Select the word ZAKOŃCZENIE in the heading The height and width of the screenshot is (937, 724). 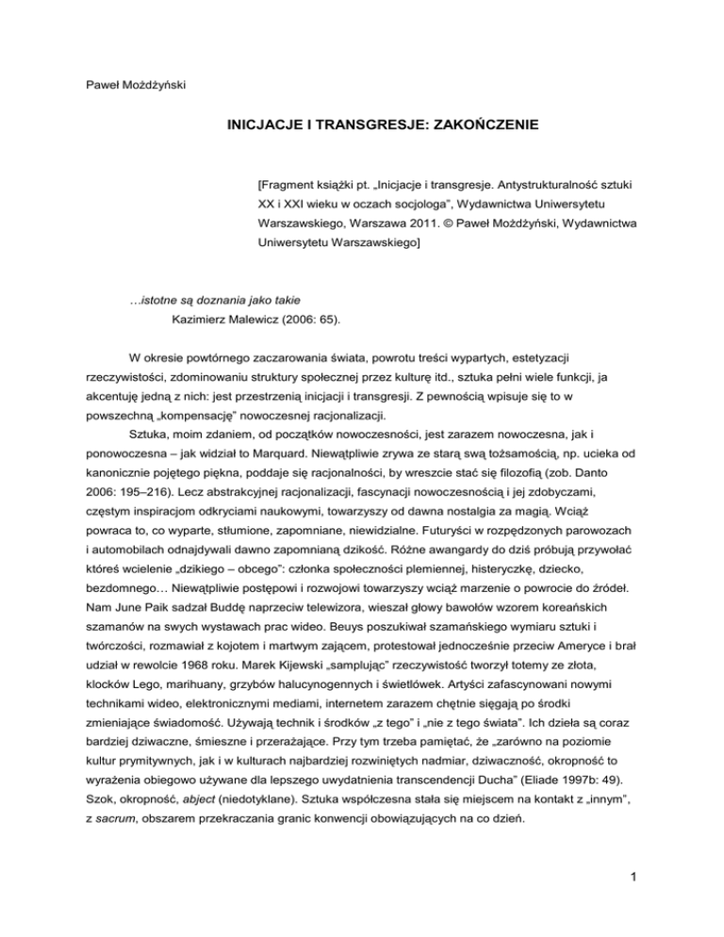coord(487,123)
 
